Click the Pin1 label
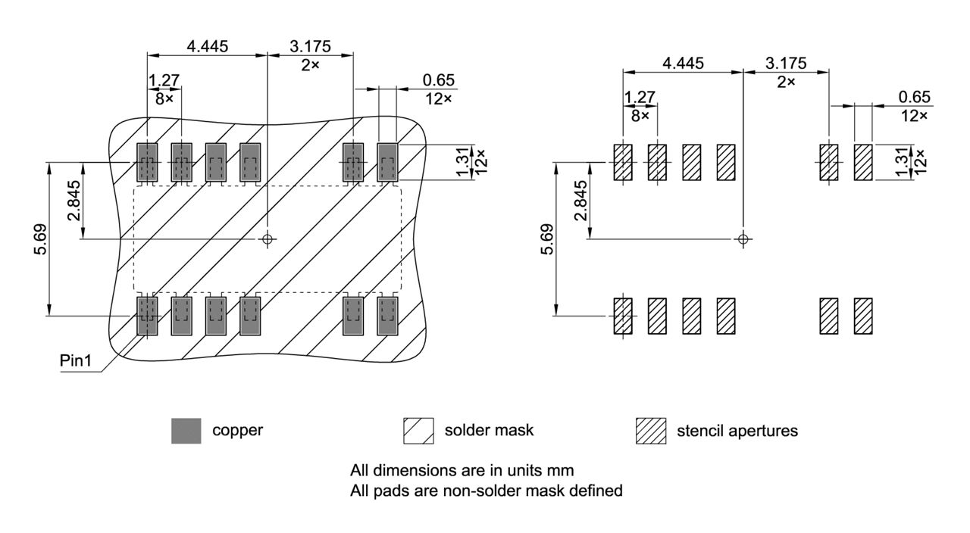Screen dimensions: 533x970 point(75,361)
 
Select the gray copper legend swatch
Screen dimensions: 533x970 point(186,431)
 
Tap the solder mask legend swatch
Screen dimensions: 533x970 point(418,431)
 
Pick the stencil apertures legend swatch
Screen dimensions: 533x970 point(650,431)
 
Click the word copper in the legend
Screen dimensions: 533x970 point(237,431)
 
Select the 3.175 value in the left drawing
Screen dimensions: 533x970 point(310,46)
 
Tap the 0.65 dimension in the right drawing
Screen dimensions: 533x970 point(913,97)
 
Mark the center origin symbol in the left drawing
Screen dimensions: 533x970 point(267,239)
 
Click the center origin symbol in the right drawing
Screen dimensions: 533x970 point(743,239)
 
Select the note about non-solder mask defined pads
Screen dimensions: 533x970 point(486,491)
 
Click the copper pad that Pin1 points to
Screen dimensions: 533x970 point(146,316)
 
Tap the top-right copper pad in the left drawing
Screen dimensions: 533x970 point(387,162)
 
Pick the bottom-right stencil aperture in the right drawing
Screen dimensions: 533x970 point(863,316)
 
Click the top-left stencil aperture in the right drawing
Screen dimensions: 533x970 point(622,162)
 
